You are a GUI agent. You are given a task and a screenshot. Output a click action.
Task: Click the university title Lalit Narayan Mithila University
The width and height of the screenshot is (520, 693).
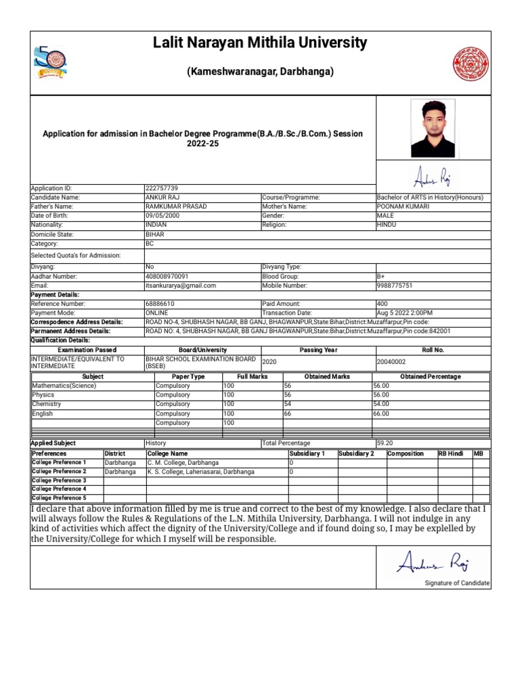pos(260,44)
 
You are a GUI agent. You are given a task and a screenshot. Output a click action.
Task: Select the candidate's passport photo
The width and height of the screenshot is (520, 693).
pos(433,129)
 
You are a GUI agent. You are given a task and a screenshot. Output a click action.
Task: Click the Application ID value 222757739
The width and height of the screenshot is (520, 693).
pos(162,188)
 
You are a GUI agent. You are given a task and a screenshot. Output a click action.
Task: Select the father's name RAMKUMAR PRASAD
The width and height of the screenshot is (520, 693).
pos(176,206)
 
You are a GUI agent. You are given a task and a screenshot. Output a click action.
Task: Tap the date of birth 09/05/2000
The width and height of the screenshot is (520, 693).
pos(163,215)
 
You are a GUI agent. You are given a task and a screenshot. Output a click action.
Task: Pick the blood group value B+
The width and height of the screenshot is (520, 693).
pos(381,276)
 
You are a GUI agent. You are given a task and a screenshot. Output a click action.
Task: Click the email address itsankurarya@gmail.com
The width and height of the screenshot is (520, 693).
pos(181,286)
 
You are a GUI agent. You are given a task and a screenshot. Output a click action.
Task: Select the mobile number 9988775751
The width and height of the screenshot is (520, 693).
pos(394,286)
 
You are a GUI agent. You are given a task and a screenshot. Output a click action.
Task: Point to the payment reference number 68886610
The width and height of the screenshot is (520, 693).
pos(160,304)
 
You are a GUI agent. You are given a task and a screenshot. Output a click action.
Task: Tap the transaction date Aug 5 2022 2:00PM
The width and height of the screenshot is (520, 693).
pos(405,313)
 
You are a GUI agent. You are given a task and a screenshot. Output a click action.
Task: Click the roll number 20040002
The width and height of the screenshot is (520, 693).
pos(391,362)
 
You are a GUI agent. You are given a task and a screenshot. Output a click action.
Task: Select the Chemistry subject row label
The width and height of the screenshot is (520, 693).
pos(47,404)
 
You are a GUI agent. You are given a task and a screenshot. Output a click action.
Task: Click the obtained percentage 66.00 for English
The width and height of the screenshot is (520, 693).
pos(381,413)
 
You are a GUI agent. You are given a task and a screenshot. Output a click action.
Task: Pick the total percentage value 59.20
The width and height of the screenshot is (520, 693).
pos(385,443)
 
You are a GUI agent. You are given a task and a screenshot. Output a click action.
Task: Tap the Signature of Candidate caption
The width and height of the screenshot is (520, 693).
pos(457,583)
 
